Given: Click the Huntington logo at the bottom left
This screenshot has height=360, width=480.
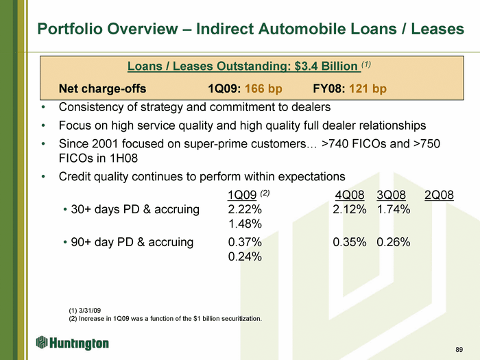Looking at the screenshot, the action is (72, 343).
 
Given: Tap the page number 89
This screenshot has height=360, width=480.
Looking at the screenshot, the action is (459, 350).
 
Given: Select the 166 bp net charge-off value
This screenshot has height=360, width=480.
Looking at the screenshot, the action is (263, 88).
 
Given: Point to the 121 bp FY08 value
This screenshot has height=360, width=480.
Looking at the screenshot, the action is (368, 88).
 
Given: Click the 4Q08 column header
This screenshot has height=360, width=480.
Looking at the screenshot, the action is (350, 195).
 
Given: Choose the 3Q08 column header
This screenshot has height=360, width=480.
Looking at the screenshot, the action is (392, 195).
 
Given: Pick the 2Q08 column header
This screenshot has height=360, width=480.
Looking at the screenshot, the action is (439, 195).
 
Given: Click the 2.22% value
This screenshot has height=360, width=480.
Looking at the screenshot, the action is (245, 209).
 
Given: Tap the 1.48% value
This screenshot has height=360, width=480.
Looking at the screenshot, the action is (245, 224).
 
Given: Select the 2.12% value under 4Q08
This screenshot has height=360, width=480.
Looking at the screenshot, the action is (350, 209).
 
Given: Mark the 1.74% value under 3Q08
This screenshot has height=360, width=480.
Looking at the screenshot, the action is (394, 209).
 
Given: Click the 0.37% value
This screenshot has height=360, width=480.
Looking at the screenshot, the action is (245, 242).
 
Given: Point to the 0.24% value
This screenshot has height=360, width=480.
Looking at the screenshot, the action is (245, 256).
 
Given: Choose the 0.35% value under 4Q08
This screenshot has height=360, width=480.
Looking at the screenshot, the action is (350, 242).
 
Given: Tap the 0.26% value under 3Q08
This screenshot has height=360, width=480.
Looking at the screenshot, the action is (394, 242).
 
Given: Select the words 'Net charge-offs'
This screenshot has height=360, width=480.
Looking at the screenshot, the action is (103, 88).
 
